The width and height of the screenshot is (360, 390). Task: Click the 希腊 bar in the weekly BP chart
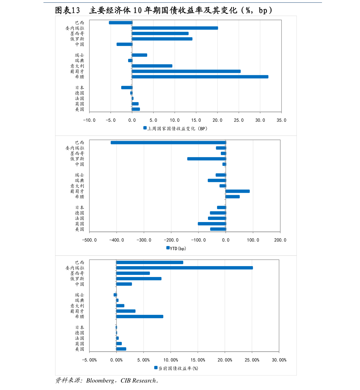pyautogui.click(x=200, y=77)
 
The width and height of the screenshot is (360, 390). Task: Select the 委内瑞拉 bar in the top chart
pyautogui.click(x=175, y=28)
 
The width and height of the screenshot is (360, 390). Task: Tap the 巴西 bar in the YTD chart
pyautogui.click(x=168, y=143)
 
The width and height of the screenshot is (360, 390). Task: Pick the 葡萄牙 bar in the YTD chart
pyautogui.click(x=238, y=191)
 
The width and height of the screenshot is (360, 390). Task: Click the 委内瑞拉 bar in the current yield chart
pyautogui.click(x=184, y=268)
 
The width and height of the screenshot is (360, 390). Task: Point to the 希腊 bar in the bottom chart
pyautogui.click(x=140, y=317)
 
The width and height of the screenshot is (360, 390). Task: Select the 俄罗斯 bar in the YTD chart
pyautogui.click(x=206, y=159)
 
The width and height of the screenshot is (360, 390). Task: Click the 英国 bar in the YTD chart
pyautogui.click(x=212, y=224)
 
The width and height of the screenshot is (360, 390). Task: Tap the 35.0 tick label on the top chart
pyautogui.click(x=281, y=120)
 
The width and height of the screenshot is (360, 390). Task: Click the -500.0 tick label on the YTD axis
pyautogui.click(x=89, y=240)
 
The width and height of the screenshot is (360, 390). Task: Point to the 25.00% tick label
pyautogui.click(x=252, y=360)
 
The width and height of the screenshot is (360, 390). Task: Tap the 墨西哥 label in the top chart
pyautogui.click(x=77, y=34)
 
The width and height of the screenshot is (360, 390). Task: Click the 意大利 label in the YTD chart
pyautogui.click(x=77, y=186)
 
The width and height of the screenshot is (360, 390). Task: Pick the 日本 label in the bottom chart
pyautogui.click(x=79, y=327)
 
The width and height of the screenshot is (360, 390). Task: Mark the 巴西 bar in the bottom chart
pyautogui.click(x=150, y=263)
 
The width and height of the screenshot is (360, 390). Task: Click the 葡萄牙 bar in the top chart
pyautogui.click(x=186, y=71)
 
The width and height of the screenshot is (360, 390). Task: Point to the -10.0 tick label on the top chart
pyautogui.click(x=89, y=120)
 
